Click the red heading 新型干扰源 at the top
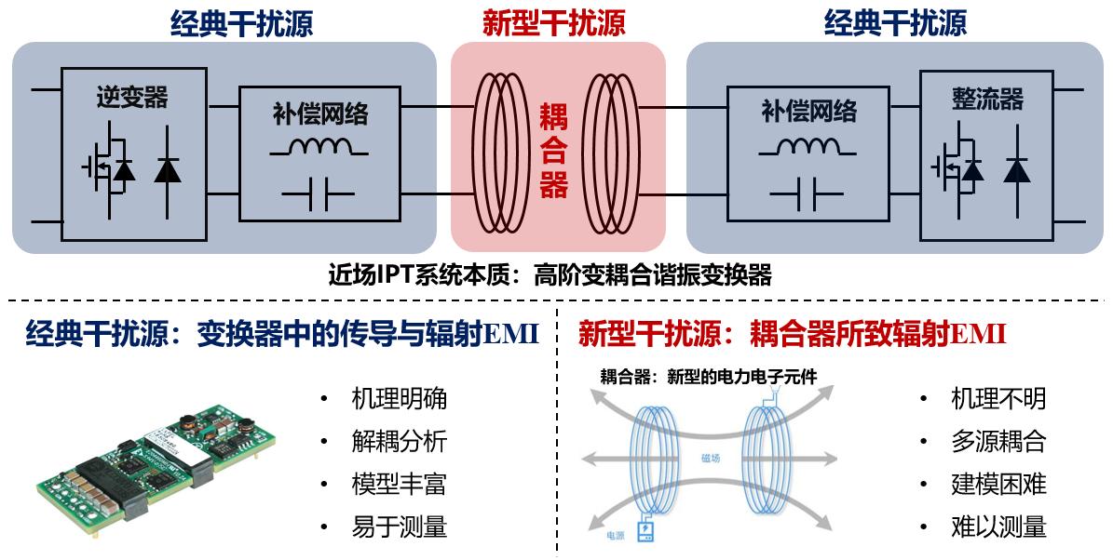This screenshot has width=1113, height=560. click(x=553, y=22)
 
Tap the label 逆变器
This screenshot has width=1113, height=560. click(x=132, y=97)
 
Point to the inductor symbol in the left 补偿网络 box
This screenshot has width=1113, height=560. click(x=319, y=147)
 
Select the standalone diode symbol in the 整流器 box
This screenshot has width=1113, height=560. click(x=1018, y=168)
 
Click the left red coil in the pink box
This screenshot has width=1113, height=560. click(x=499, y=153)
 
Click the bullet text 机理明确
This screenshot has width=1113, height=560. click(x=399, y=399)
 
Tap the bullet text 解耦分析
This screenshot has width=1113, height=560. click(x=399, y=442)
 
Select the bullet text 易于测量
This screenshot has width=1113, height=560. click(x=399, y=527)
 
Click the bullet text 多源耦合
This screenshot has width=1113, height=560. click(x=998, y=442)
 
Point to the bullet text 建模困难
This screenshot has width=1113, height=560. click(x=998, y=485)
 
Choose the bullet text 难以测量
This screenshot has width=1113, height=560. click(x=998, y=527)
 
